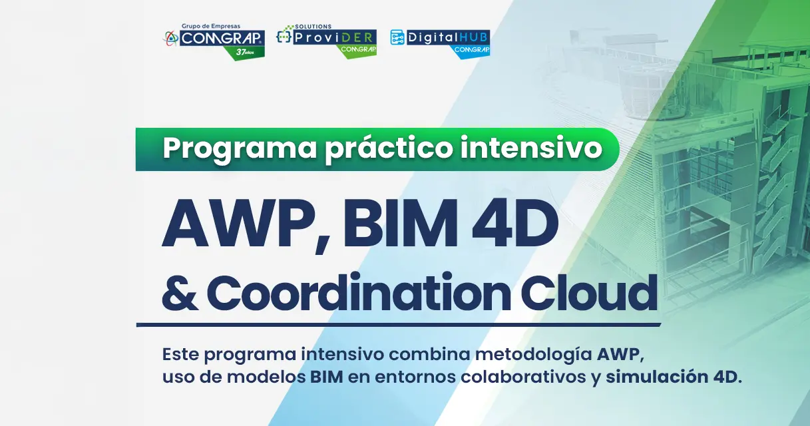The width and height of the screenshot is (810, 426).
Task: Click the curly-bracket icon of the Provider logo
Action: [285, 37]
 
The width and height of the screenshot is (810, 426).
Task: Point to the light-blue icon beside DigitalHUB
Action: [397, 37]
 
